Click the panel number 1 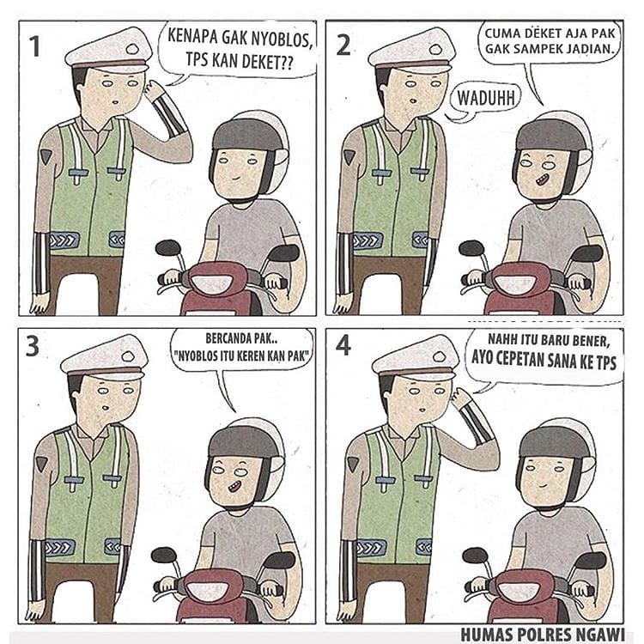click(x=36, y=46)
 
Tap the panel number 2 click(x=343, y=46)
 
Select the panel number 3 click(x=33, y=346)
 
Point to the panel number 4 click(x=343, y=346)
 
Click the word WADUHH click(x=486, y=98)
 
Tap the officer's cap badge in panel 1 click(x=133, y=50)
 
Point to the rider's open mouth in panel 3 click(x=234, y=488)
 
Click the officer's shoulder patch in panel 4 click(x=353, y=463)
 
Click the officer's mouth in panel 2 click(x=413, y=100)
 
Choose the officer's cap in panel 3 click(x=104, y=357)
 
